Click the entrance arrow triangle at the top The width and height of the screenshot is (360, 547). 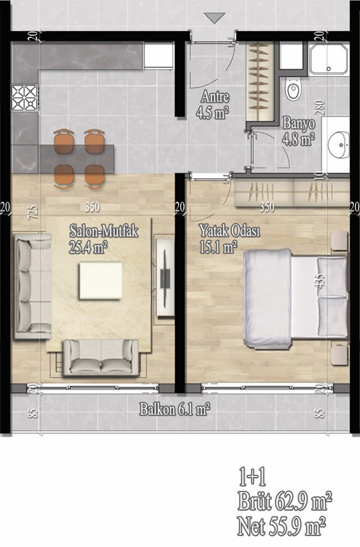215,18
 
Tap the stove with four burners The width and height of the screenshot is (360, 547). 25,98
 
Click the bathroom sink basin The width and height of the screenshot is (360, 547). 339,145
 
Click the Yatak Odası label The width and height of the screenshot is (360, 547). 230,231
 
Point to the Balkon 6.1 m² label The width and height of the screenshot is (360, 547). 175,410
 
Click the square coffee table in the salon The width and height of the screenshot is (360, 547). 101,280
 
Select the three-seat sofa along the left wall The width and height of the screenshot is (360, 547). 33,286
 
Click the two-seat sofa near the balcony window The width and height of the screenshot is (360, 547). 101,357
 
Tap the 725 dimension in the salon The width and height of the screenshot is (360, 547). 34,213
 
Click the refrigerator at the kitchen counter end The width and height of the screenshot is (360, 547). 159,56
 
